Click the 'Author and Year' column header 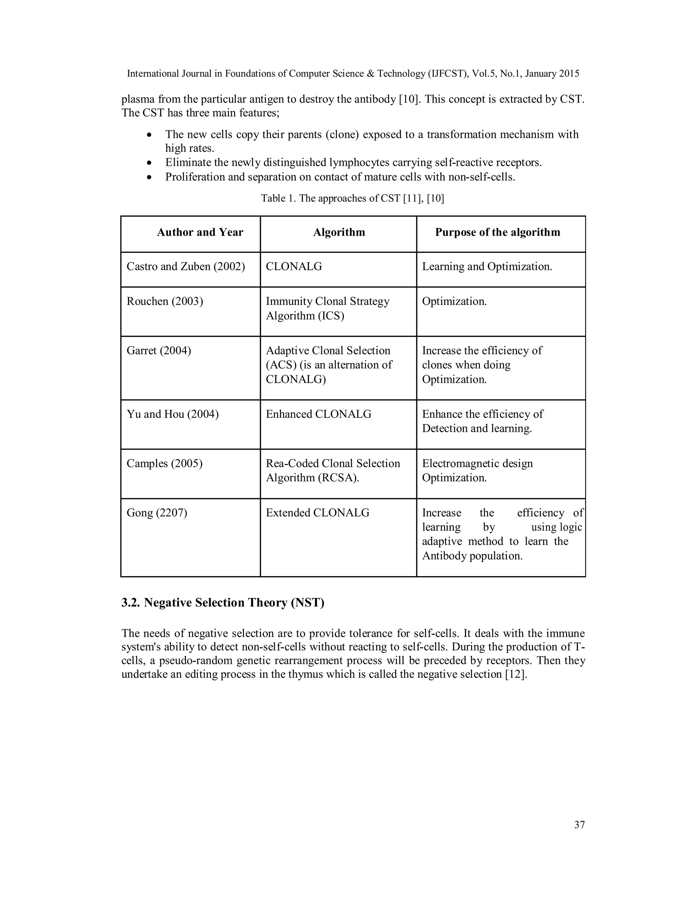tap(200, 232)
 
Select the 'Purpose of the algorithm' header tap(497, 232)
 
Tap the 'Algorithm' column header tap(339, 232)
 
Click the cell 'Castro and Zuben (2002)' tap(186, 266)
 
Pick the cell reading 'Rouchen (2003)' tap(165, 301)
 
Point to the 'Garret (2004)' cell tap(159, 351)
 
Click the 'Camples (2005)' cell tap(165, 463)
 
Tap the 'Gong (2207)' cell tap(157, 513)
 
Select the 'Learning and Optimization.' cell tap(487, 266)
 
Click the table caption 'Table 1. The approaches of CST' tap(352, 198)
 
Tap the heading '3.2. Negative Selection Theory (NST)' tap(223, 603)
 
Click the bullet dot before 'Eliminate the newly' tap(149, 163)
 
